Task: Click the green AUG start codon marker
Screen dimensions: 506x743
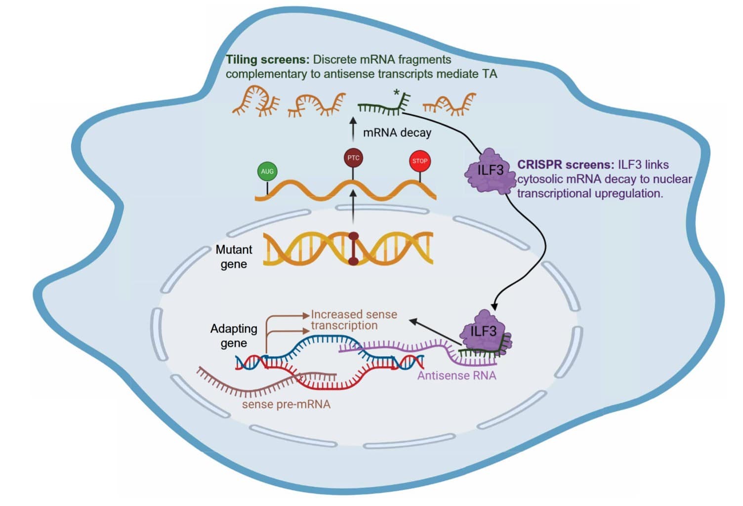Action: click(x=267, y=171)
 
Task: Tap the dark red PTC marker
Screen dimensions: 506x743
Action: click(x=353, y=158)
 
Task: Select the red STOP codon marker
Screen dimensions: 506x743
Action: click(x=420, y=161)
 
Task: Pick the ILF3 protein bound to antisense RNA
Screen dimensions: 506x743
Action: click(x=484, y=332)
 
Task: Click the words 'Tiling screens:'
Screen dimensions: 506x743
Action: click(x=268, y=60)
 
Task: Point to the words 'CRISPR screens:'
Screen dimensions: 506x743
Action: click(x=565, y=165)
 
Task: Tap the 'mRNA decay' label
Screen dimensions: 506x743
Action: click(x=397, y=133)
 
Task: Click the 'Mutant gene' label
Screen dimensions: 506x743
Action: click(x=234, y=256)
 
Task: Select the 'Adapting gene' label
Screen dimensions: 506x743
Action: click(x=234, y=336)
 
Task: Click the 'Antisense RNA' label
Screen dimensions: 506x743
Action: click(x=456, y=376)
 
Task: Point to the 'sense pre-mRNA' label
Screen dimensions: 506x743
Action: click(x=286, y=404)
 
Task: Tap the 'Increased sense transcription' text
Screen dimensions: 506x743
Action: click(x=353, y=320)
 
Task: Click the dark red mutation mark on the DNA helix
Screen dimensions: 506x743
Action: click(x=353, y=249)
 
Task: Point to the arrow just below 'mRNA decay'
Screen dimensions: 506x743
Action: click(x=353, y=129)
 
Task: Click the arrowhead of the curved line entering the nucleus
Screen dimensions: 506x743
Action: click(x=495, y=306)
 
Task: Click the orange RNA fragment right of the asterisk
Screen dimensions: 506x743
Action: click(x=450, y=103)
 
